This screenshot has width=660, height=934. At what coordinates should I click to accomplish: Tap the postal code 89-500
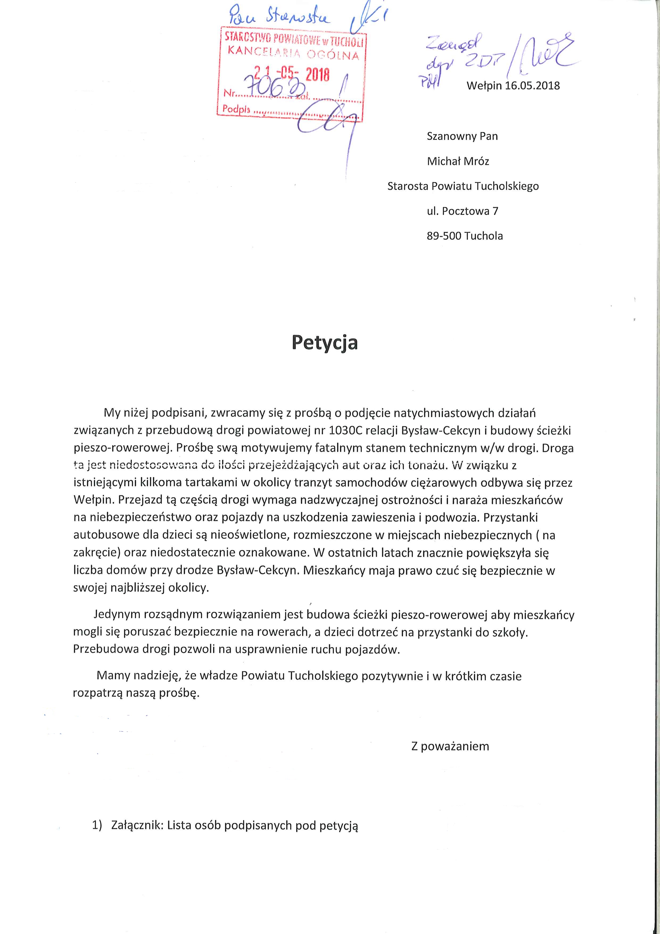pos(444,236)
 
